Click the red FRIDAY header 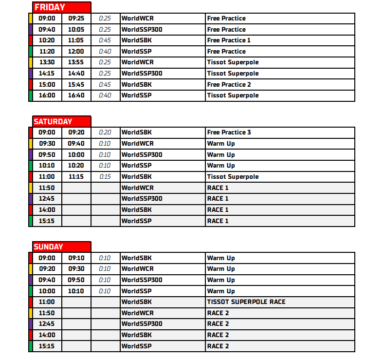tap(61, 7)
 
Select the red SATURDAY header tap(61, 121)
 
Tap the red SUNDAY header tap(61, 247)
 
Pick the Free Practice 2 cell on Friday tap(229, 84)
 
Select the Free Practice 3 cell tap(229, 133)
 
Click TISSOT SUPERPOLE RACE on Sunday tap(246, 302)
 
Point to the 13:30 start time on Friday tap(47, 62)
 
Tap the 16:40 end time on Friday tap(76, 95)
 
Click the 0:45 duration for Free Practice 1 tap(105, 40)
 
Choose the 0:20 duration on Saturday tap(105, 133)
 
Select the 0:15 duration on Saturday tap(105, 176)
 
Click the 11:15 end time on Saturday tap(76, 176)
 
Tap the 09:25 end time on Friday tap(76, 19)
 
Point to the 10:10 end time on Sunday tap(76, 291)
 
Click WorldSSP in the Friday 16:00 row tap(136, 95)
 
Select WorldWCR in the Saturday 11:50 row tap(137, 188)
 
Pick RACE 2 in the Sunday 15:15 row tap(218, 346)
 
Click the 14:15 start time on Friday tap(47, 74)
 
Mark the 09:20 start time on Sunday tap(47, 269)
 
